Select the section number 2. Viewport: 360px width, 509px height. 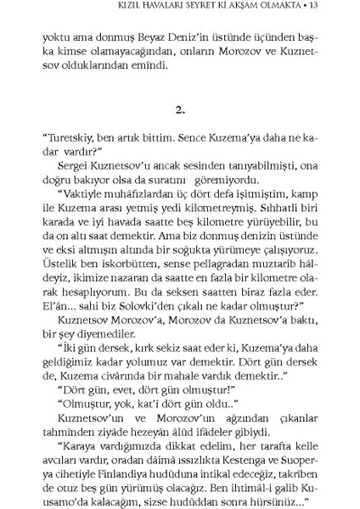(180, 133)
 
